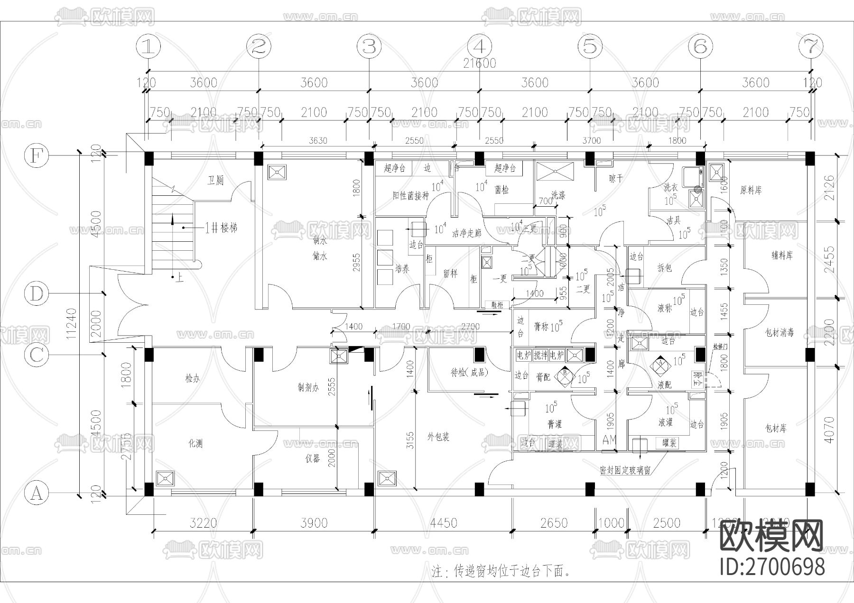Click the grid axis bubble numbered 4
point(479,46)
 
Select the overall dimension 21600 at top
point(479,63)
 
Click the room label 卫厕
point(215,181)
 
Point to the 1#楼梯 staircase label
point(221,228)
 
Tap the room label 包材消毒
point(780,332)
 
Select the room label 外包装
point(438,437)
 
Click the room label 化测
point(195,444)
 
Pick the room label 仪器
point(312,458)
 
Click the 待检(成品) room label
point(469,373)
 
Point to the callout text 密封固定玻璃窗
point(624,471)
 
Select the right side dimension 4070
point(829,430)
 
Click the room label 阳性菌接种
point(410,195)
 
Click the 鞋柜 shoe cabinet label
point(497,305)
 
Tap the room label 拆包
point(665,268)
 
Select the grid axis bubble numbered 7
point(810,46)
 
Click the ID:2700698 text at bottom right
point(772,566)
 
